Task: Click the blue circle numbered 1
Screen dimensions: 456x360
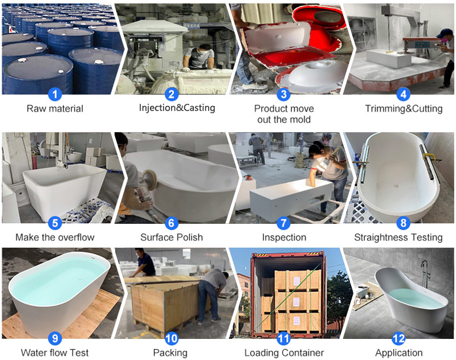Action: (x=55, y=94)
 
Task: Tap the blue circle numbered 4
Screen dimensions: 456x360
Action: (x=404, y=94)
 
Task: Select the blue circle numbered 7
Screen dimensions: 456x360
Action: (x=283, y=223)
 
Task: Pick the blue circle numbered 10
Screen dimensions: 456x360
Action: (x=172, y=338)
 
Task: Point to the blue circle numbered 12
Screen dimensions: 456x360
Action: (x=398, y=338)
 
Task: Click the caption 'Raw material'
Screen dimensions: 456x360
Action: (x=55, y=109)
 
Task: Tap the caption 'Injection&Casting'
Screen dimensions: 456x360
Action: (x=177, y=108)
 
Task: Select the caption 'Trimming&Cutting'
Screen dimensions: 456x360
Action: (x=404, y=109)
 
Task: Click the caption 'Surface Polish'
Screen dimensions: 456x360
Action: (x=172, y=238)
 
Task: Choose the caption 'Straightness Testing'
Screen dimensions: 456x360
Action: (x=398, y=238)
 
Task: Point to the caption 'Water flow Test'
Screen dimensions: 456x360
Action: (x=55, y=353)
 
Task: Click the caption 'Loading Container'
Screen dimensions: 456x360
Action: (x=284, y=353)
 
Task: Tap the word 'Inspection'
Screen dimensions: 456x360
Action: (x=284, y=238)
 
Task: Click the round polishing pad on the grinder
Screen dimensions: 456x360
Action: (x=150, y=180)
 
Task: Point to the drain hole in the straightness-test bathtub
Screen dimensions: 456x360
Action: (x=396, y=186)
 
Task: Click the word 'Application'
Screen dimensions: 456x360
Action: (x=399, y=353)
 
